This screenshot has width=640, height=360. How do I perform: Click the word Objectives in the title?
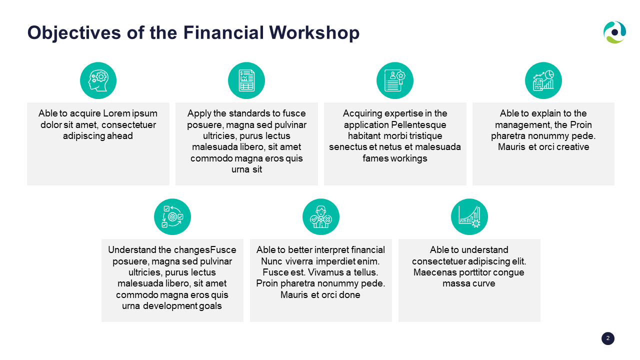[x=74, y=33]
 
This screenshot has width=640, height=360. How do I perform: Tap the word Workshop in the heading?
[x=314, y=32]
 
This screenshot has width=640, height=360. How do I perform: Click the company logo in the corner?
[x=614, y=32]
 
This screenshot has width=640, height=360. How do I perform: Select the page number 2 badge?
[x=607, y=338]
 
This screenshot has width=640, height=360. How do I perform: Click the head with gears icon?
[x=98, y=80]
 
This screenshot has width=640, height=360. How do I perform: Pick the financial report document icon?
[x=246, y=80]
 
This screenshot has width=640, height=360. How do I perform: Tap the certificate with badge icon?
[x=395, y=80]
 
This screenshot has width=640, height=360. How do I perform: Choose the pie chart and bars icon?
[x=543, y=80]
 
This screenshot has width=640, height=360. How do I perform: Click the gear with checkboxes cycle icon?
[x=172, y=217]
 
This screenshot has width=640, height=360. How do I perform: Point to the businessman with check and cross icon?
[x=321, y=217]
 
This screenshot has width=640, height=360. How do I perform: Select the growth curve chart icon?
[x=469, y=217]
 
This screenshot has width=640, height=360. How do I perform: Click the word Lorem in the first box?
[x=116, y=113]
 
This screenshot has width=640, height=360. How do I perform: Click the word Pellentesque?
[x=418, y=125]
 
